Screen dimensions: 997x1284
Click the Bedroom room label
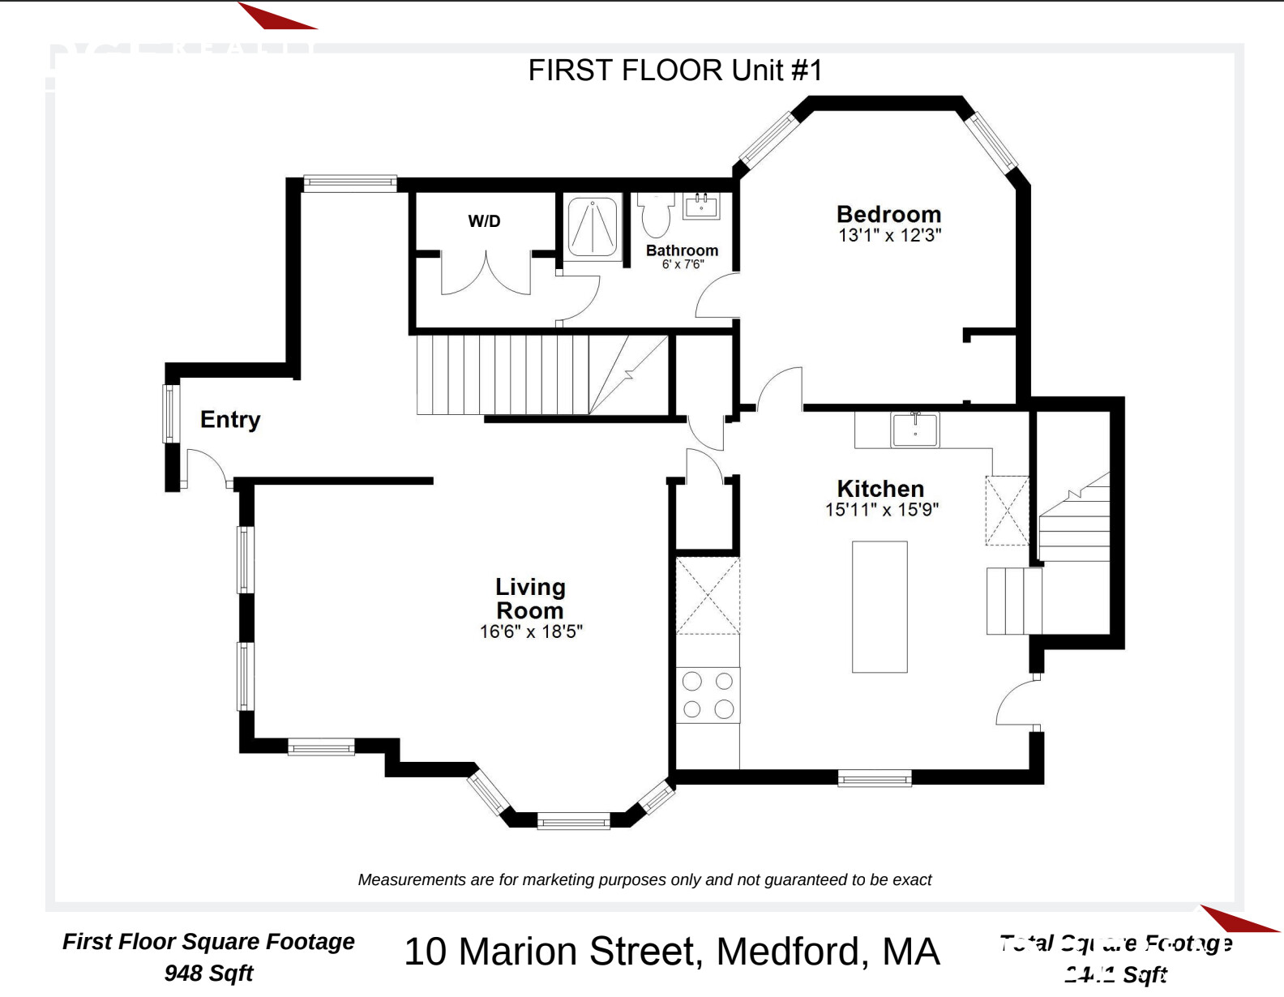pyautogui.click(x=888, y=214)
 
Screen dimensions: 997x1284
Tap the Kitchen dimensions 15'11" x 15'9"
pyautogui.click(x=881, y=510)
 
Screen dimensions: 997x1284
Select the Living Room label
pyautogui.click(x=530, y=598)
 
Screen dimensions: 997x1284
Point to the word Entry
pyautogui.click(x=230, y=419)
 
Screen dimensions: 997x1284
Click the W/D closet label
pyautogui.click(x=484, y=221)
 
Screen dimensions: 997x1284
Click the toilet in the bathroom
pyautogui.click(x=656, y=214)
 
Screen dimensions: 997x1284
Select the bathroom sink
pyautogui.click(x=701, y=206)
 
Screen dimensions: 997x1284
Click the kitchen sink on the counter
pyautogui.click(x=915, y=430)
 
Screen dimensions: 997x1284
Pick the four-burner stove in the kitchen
pyautogui.click(x=708, y=695)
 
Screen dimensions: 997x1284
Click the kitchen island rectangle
pyautogui.click(x=880, y=606)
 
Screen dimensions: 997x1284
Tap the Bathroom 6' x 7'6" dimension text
pyautogui.click(x=683, y=264)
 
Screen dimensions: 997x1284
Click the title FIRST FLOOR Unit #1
pyautogui.click(x=675, y=71)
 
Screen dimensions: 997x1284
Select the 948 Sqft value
pyautogui.click(x=208, y=973)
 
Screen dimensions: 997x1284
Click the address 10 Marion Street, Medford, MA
pyautogui.click(x=671, y=952)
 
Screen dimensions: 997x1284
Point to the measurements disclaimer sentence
pyautogui.click(x=644, y=879)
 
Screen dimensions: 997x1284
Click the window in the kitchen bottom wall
pyautogui.click(x=874, y=778)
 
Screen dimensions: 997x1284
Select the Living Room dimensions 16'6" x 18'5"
pyautogui.click(x=530, y=631)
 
